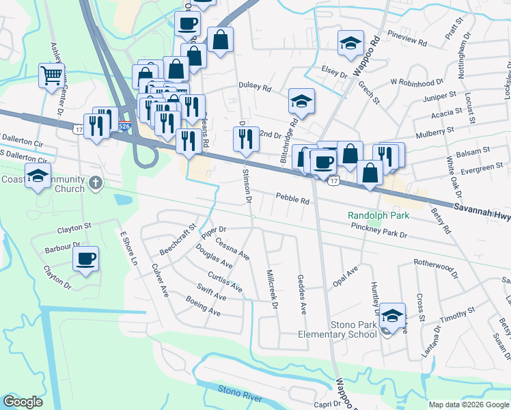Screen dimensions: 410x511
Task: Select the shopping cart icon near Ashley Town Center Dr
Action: click(51, 75)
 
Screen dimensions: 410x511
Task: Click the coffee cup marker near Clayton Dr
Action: click(85, 259)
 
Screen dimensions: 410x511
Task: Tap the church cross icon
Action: click(96, 183)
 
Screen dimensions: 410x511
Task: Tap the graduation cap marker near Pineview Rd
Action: click(350, 43)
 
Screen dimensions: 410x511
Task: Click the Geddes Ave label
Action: click(302, 294)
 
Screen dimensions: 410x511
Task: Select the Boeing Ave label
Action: click(203, 305)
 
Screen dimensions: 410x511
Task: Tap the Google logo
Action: click(23, 402)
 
